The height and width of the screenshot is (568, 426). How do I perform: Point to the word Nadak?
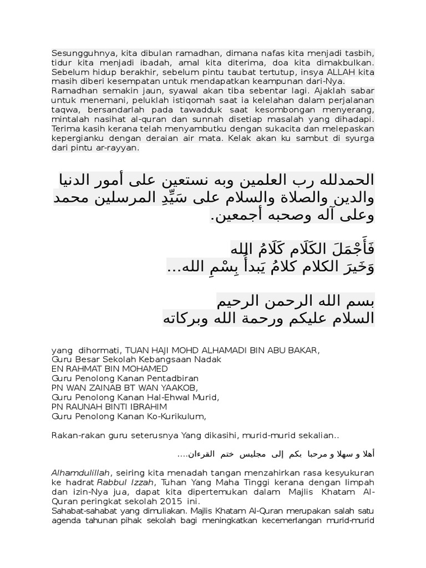click(x=209, y=359)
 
